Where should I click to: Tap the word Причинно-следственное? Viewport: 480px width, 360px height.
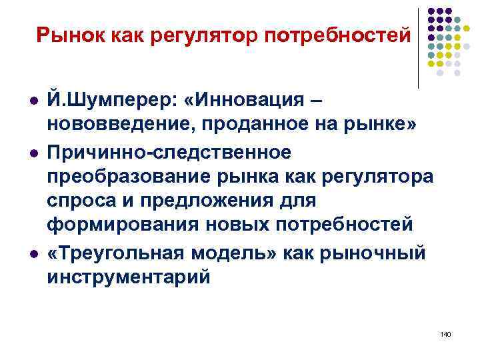(x=169, y=153)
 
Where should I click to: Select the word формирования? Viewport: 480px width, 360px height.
(x=114, y=225)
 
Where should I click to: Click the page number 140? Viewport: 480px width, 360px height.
(x=446, y=333)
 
